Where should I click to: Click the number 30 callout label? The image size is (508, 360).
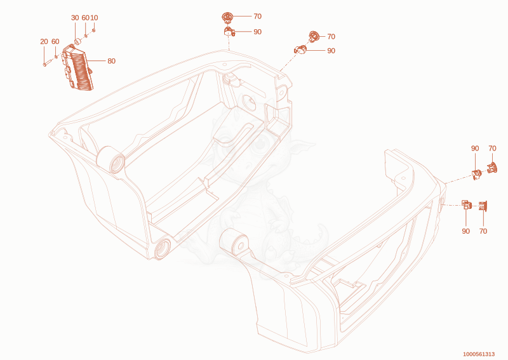click(x=75, y=18)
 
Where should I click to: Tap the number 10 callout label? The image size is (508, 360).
click(x=94, y=18)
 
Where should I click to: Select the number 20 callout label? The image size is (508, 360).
click(x=44, y=41)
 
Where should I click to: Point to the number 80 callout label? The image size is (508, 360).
click(x=112, y=61)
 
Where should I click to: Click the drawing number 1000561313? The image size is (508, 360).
click(x=479, y=354)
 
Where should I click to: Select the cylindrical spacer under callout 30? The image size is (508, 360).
click(x=77, y=41)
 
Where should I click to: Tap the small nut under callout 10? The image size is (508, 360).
click(x=93, y=30)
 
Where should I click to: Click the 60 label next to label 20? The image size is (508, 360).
click(x=55, y=41)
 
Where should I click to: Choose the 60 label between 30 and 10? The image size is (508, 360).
click(x=85, y=18)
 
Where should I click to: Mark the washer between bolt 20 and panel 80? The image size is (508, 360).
click(x=56, y=57)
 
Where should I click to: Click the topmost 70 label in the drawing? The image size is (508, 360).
click(x=258, y=17)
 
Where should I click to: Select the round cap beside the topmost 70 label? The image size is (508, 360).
click(x=227, y=17)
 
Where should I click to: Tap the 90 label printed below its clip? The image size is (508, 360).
click(x=465, y=231)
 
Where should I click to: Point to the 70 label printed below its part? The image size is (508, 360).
click(x=483, y=231)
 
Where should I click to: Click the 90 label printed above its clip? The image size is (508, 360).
click(x=475, y=149)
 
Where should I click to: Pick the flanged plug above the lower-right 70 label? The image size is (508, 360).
click(x=483, y=206)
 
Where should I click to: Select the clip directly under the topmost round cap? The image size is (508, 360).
click(x=229, y=32)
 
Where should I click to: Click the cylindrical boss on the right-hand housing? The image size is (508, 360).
click(x=234, y=243)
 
